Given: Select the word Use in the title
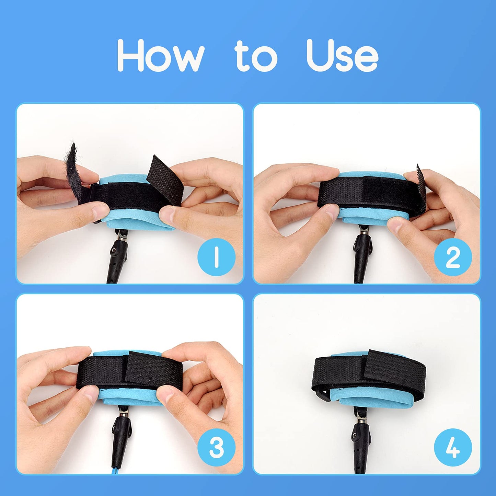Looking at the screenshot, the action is [342, 55].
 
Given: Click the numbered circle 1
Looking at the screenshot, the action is [216, 257].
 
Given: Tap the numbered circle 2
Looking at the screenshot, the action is [453, 257].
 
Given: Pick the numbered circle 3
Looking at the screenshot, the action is [216, 448].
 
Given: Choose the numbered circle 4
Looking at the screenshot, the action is [453, 448].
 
